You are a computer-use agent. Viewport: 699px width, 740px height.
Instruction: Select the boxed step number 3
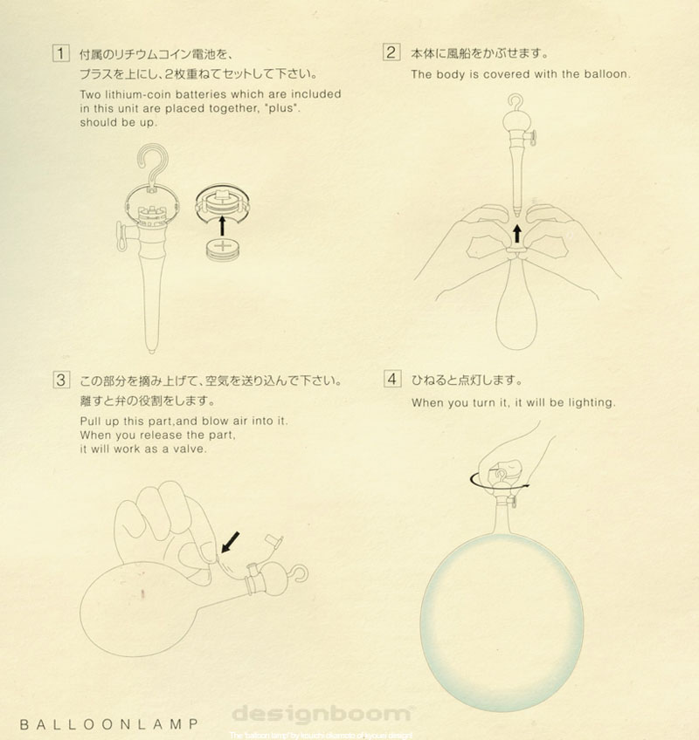60,380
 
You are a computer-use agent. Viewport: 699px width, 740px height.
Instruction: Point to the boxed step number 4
391,380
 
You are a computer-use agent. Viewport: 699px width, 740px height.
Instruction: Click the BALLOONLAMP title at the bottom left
107,723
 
